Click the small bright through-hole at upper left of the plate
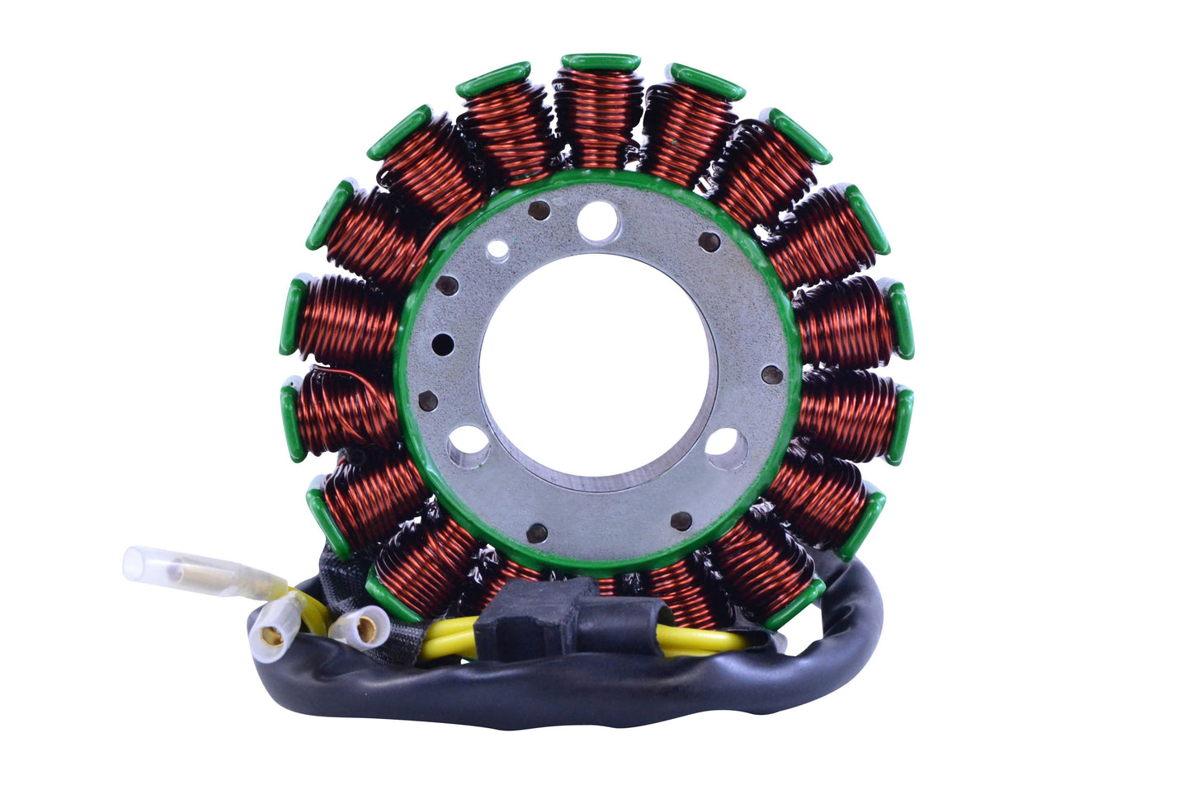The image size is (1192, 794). tap(497, 248)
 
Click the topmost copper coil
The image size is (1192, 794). tap(599, 115)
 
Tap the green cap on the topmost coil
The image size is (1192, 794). tap(601, 62)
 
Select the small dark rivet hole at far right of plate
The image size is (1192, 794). tap(771, 374)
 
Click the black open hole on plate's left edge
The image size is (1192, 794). tap(441, 341)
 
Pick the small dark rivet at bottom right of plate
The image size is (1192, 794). tap(682, 520)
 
